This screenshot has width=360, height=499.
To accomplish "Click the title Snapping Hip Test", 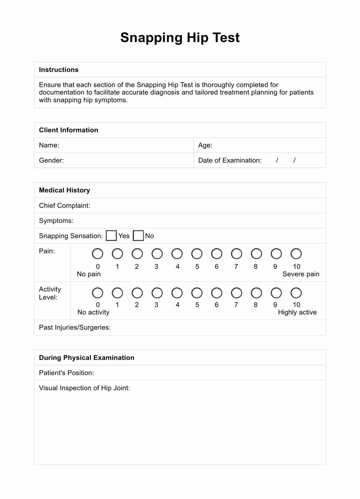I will coord(180,38).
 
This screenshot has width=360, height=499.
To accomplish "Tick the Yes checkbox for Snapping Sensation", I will coord(111,236).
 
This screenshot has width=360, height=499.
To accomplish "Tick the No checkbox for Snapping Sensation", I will coord(138,236).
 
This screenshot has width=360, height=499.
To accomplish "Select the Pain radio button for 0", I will coord(98,254).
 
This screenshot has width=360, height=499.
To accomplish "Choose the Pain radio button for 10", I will coord(296,254).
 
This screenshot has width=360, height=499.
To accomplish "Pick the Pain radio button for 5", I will coord(197,254).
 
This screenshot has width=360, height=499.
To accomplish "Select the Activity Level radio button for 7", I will coord(236,293).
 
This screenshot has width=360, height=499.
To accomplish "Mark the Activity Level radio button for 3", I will coord(157,293).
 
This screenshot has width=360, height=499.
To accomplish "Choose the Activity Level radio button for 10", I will coord(296,293).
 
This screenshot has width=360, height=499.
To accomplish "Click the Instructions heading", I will coord(59,70).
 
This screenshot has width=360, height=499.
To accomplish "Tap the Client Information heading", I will coord(69,130).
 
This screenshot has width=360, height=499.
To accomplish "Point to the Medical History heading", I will coord(65,190).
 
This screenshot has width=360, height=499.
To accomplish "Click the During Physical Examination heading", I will coord(87,358).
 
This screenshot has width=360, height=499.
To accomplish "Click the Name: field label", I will coord(49,145).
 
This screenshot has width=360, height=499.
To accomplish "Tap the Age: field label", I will coord(205,145).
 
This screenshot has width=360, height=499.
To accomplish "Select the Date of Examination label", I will coord(230,160).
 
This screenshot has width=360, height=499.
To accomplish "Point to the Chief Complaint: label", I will coord(65,206).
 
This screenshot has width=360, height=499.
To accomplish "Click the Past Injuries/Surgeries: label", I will coord(75,328).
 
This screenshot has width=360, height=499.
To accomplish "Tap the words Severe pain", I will coord(301,274).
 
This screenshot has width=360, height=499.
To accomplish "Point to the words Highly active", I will coord(297,313).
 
